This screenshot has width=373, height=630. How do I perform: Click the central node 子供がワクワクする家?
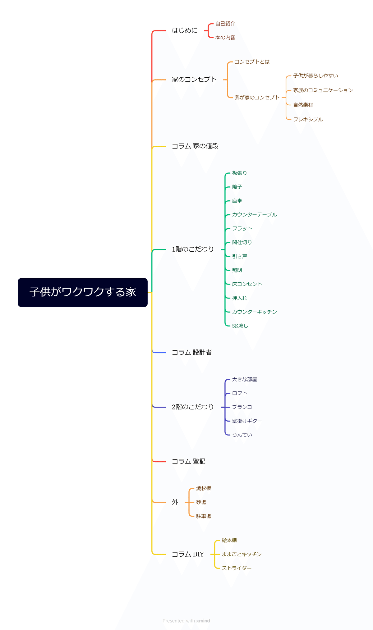(x=83, y=292)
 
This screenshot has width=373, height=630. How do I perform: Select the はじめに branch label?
(x=185, y=30)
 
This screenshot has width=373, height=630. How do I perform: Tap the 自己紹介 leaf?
(x=225, y=24)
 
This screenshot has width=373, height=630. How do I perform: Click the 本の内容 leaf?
(x=225, y=38)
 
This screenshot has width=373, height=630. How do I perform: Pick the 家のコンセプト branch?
(x=194, y=80)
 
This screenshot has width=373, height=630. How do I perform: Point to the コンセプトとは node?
(x=252, y=62)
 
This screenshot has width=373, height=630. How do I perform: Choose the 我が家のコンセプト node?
(x=257, y=98)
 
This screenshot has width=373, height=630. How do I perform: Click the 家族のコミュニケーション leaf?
(x=323, y=90)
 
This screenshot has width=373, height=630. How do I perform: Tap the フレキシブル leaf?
(x=308, y=120)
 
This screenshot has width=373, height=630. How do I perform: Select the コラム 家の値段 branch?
(x=195, y=146)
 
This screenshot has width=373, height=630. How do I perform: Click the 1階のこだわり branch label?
(x=193, y=249)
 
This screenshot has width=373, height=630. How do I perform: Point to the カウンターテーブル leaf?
(x=255, y=215)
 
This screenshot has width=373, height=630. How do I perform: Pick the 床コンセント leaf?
(x=247, y=284)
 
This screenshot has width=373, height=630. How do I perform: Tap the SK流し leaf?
(x=240, y=326)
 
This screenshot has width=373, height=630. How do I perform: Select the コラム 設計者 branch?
(x=192, y=352)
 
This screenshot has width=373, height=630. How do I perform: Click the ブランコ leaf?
(x=242, y=407)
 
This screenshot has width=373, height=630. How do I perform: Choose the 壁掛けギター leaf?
(x=247, y=421)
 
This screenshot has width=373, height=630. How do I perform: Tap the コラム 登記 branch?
(x=189, y=462)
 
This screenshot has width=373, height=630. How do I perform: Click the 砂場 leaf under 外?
(x=201, y=502)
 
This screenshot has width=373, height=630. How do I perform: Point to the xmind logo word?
(x=203, y=621)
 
